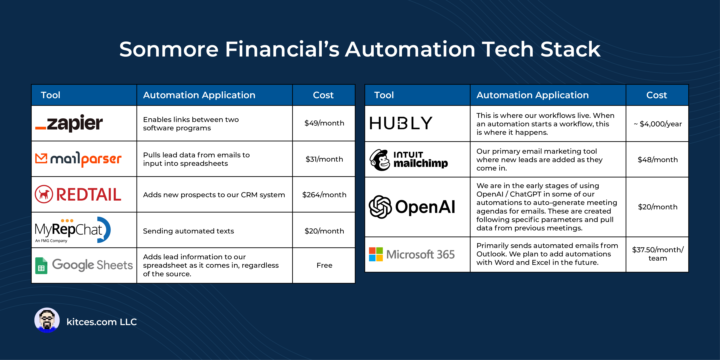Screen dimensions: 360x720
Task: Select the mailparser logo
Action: coord(78,159)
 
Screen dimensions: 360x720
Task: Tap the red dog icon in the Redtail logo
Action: coord(44,194)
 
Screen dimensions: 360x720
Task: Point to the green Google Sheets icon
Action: coord(41,266)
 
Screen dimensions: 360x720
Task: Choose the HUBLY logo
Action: coord(401,123)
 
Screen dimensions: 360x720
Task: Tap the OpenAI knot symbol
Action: coord(380,207)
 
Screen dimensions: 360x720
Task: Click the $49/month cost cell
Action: coord(324,123)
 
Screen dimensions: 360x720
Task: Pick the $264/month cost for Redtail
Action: coord(324,195)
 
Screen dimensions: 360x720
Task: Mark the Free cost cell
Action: coord(324,265)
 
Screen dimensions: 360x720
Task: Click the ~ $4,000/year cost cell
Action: coord(657,124)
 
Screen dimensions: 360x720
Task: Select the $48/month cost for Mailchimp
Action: coord(657,160)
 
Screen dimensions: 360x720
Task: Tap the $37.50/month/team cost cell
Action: coord(657,254)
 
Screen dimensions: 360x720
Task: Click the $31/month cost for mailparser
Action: coord(324,159)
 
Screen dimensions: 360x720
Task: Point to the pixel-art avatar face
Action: coord(47,321)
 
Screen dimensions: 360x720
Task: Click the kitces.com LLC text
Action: coord(101,322)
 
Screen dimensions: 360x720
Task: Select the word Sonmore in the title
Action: coord(169,49)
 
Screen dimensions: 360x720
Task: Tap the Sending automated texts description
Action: coord(188,231)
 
